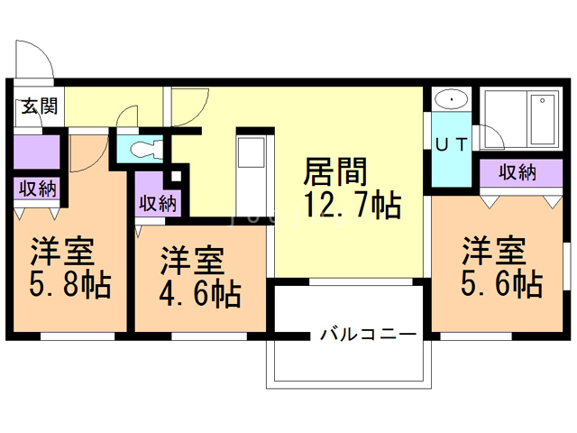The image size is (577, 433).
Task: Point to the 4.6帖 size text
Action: [x=199, y=293]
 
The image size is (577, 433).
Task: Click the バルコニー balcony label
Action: [x=368, y=335]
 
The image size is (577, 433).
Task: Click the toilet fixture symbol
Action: [x=140, y=148]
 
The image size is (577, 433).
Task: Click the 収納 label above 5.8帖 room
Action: [x=37, y=189]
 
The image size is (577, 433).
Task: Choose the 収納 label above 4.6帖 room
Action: [x=158, y=202]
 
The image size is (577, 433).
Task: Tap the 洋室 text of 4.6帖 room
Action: [x=191, y=262]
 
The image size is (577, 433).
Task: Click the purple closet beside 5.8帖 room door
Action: [x=37, y=151]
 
